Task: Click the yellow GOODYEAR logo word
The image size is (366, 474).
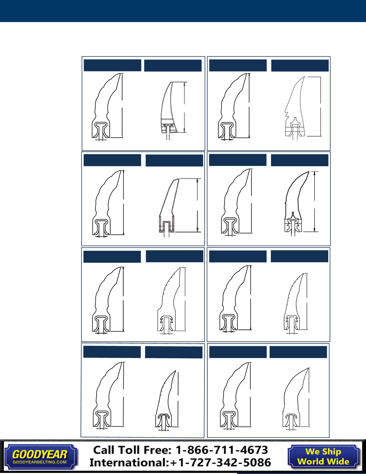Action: point(40,455)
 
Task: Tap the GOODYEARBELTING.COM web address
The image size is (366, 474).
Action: point(40,461)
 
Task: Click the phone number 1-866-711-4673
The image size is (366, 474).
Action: point(221,450)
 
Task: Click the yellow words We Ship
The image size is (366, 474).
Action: point(323,452)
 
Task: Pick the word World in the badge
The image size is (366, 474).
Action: point(312,461)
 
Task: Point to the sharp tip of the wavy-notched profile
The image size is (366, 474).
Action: point(304,77)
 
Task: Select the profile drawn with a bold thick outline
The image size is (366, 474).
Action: point(294,203)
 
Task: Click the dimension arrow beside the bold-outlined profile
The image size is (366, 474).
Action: point(315,202)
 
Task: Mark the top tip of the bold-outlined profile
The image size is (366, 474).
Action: point(309,172)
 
